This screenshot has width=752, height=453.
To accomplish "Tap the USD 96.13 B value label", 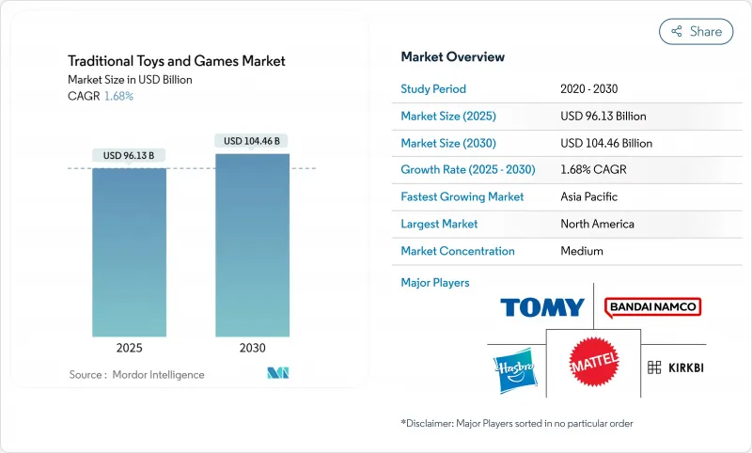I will tap(129, 155).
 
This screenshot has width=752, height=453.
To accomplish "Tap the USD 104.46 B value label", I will tap(252, 141).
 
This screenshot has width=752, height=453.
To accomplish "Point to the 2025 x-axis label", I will tap(129, 348).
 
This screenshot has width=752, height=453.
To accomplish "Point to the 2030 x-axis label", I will tap(252, 348).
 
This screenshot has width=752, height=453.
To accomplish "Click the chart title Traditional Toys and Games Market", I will tap(176, 61).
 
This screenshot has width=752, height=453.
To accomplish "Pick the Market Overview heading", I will tap(452, 57).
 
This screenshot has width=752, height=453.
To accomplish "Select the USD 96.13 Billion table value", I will tap(603, 117).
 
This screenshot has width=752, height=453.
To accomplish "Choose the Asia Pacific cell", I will tap(588, 197).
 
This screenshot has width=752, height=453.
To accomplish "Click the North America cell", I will tap(597, 224).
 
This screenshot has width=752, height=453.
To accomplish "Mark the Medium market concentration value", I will tap(581, 251).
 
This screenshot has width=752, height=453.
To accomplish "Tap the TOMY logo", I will tap(542, 307).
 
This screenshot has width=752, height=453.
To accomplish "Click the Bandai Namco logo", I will tap(653, 306).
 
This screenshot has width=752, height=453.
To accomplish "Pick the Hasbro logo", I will tap(512, 367).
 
